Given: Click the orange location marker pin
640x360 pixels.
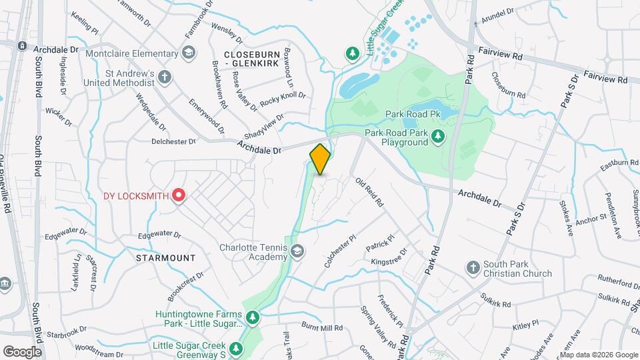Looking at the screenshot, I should click(320, 159).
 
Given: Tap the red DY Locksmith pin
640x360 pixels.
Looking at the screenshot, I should click(179, 195).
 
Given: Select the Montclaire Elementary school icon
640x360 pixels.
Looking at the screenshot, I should click(190, 52).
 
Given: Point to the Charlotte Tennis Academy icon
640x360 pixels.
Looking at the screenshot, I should click(297, 252).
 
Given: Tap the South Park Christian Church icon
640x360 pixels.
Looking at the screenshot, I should click(472, 268).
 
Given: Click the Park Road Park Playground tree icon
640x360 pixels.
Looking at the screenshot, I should click(438, 137).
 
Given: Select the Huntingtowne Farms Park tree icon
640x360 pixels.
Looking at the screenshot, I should click(253, 318).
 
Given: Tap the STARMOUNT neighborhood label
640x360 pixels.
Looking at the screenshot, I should click(165, 258).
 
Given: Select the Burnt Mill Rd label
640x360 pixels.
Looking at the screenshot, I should click(321, 328).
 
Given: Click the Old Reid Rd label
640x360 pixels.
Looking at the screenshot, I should click(369, 191).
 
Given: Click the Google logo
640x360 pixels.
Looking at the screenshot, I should click(22, 351).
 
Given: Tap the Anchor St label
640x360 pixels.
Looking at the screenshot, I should click(591, 218).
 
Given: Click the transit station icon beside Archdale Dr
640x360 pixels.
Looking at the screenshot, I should click(21, 45).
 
